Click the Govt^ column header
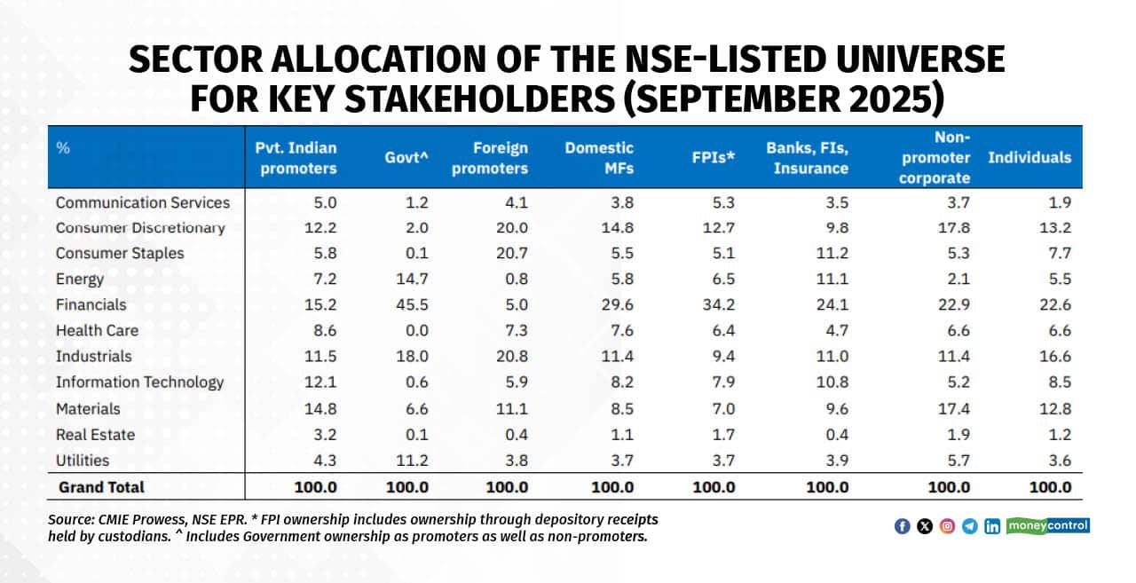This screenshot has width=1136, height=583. pos(405,158)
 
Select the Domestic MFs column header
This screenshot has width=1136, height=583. pos(599,158)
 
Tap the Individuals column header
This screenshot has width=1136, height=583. pos(1029,158)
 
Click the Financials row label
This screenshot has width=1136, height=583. pos(91,304)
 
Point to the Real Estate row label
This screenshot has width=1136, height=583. pos(95,435)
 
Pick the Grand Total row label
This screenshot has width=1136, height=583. pos(101,487)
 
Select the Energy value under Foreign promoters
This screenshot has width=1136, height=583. pos(517,279)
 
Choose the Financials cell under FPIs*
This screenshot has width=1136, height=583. pos(719,304)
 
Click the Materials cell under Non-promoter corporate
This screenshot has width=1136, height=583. pos(955,409)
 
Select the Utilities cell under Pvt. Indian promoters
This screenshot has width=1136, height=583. pos(321,461)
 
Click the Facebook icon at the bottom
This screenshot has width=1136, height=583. pos(902,526)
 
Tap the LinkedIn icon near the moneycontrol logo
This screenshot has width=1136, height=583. pos(992,526)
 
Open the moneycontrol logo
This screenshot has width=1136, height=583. pos(1048,526)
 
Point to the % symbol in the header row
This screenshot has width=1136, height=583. pos(63,148)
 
